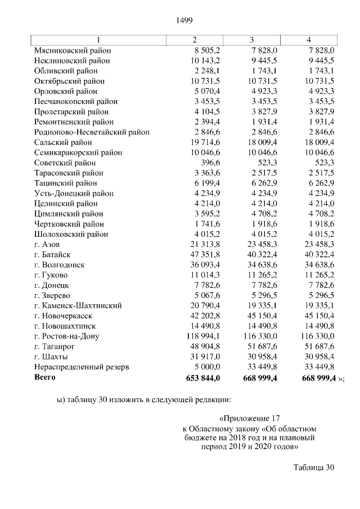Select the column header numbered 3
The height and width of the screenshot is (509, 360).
coord(251,40)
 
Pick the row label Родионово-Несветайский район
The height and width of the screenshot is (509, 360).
coord(92,132)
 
